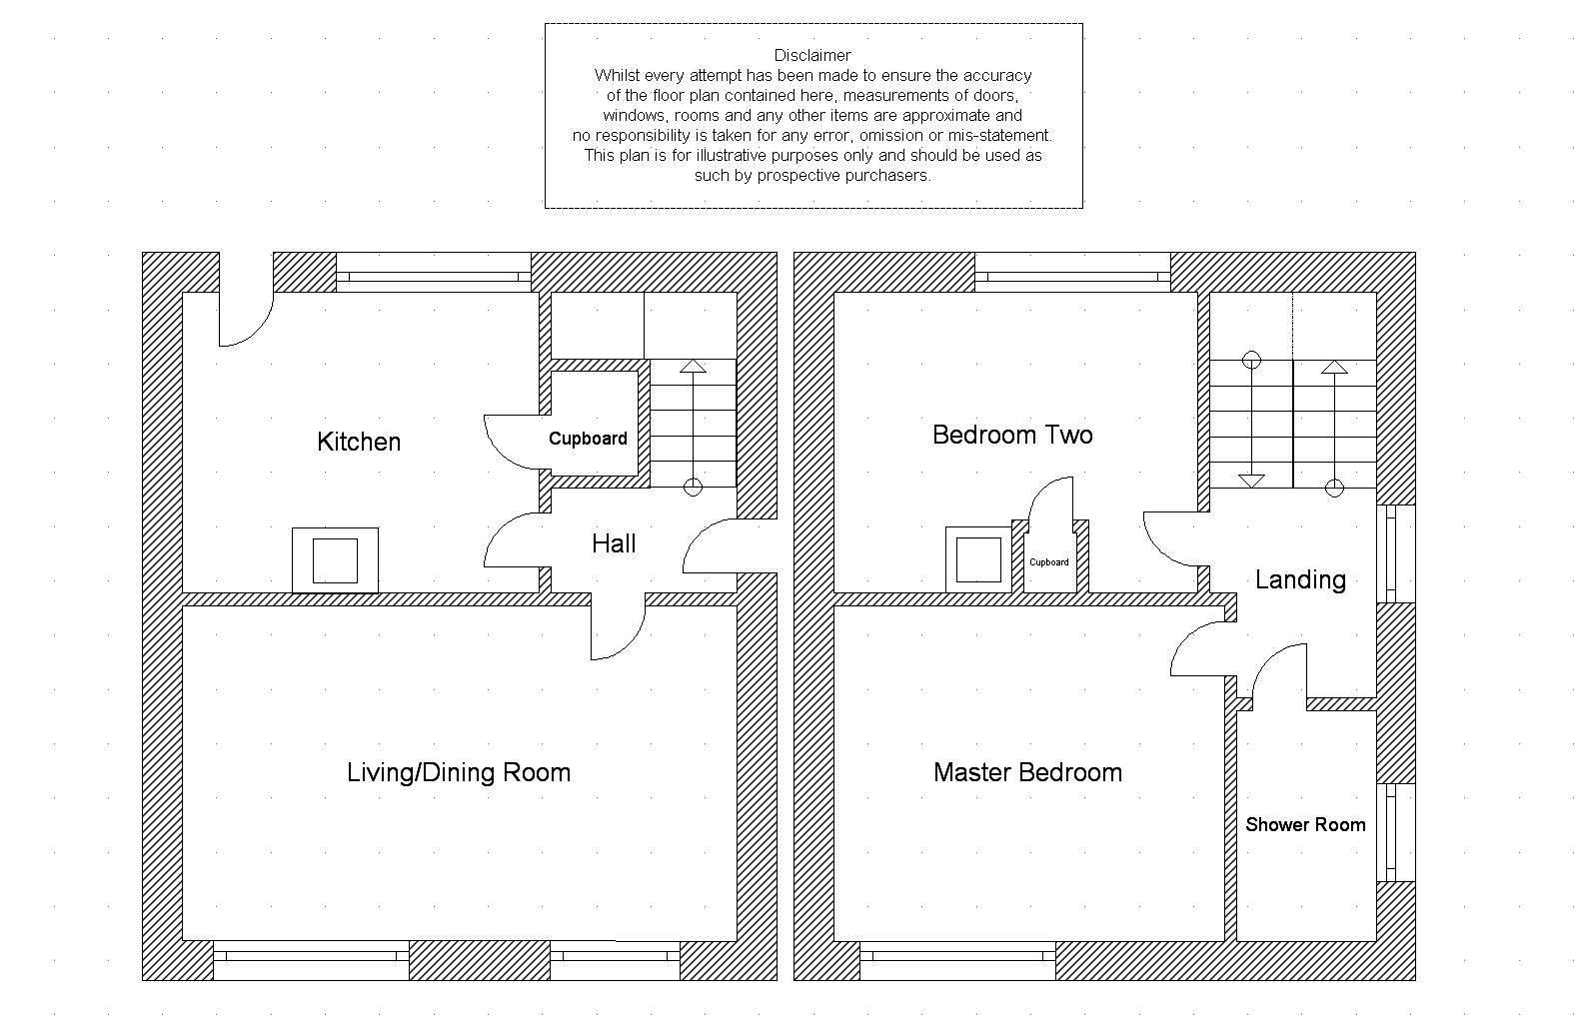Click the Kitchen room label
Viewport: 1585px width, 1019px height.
pos(359,442)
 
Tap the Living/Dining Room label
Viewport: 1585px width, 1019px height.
pos(459,773)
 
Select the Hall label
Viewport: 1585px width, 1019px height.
pos(614,543)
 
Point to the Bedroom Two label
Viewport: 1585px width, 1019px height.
pos(1012,435)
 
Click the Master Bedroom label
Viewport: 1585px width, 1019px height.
pos(1027,773)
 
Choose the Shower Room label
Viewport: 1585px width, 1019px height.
pos(1305,825)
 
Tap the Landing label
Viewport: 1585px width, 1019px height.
pos(1300,579)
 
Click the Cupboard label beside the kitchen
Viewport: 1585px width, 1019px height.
pos(588,440)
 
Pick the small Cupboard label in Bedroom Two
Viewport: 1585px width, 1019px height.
pos(1048,562)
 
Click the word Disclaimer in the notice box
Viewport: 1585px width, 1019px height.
pos(812,55)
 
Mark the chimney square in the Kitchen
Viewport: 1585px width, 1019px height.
pos(336,560)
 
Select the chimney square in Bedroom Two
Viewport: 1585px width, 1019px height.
pos(978,560)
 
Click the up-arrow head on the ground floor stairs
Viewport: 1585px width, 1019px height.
pos(693,367)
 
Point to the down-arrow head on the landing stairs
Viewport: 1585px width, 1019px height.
pos(1252,481)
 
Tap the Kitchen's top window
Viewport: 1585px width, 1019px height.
pos(434,273)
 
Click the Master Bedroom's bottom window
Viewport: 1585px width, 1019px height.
pos(958,960)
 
